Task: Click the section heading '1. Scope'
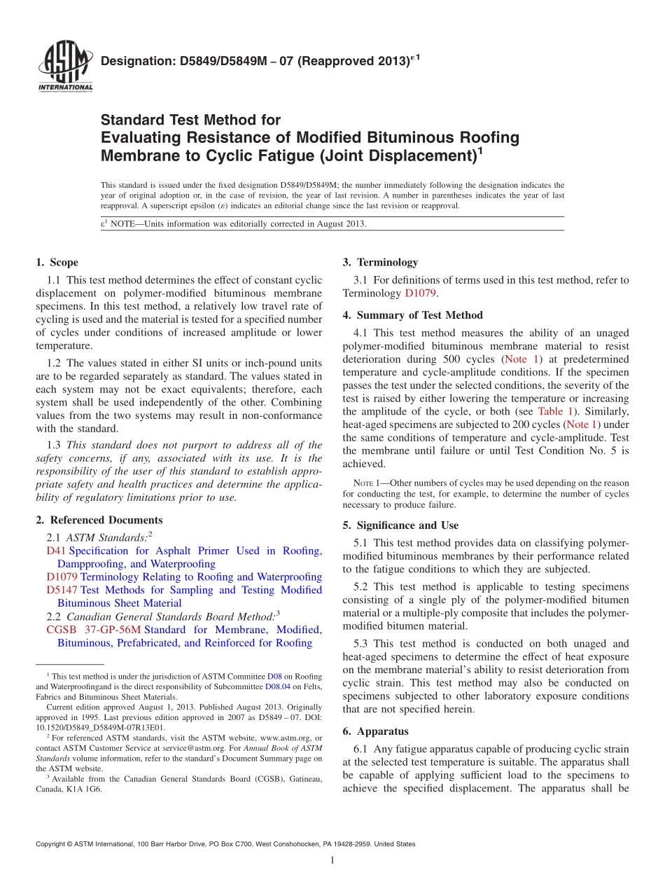tap(57, 263)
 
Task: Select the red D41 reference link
tap(52, 551)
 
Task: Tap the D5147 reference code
tap(62, 590)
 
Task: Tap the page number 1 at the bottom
tap(332, 861)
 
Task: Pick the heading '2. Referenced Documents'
tap(99, 520)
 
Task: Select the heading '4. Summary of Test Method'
tap(412, 315)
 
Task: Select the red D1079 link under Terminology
tap(421, 293)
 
